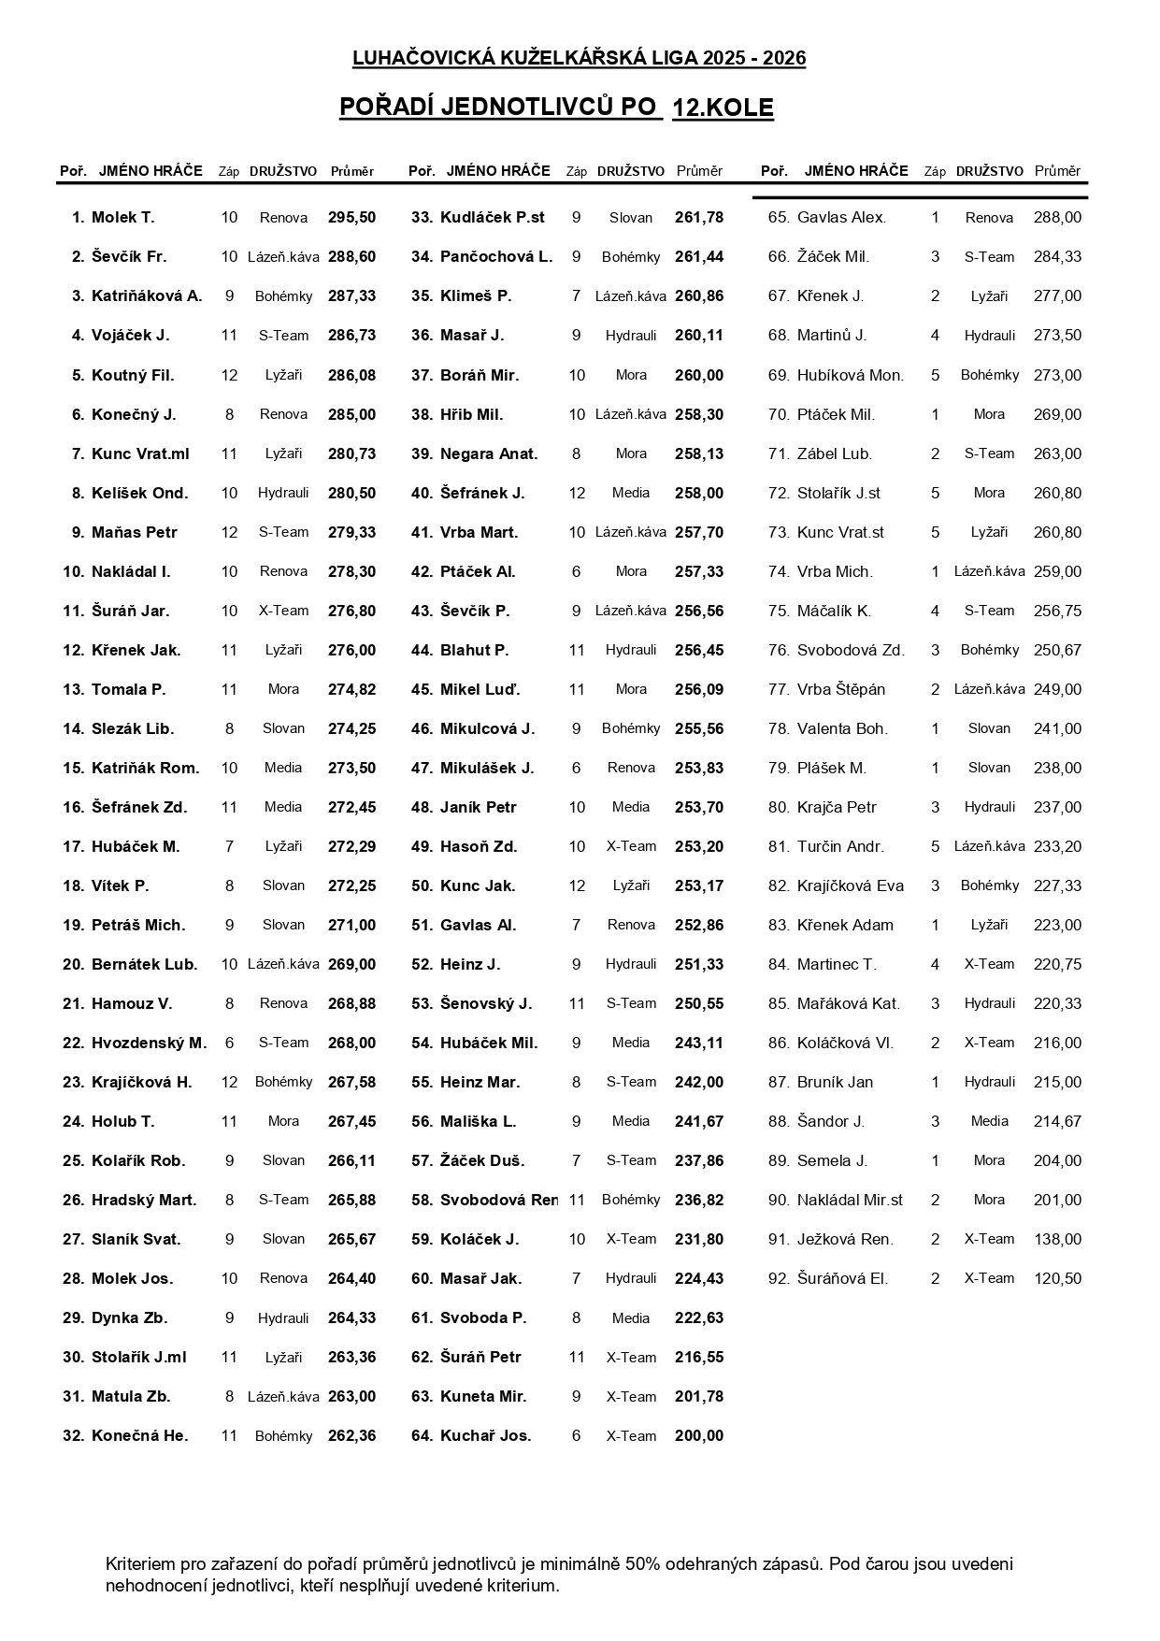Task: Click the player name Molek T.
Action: pyautogui.click(x=122, y=218)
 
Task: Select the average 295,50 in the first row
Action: pyautogui.click(x=351, y=218)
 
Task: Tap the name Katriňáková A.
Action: pyautogui.click(x=147, y=296)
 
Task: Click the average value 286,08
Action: pyautogui.click(x=351, y=375)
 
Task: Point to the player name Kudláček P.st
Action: pyautogui.click(x=492, y=218)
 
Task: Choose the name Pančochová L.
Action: pyautogui.click(x=496, y=257)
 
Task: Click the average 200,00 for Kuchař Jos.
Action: pyautogui.click(x=698, y=1435)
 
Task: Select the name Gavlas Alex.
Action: pyautogui.click(x=841, y=218)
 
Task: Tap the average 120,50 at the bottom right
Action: pyautogui.click(x=1057, y=1278)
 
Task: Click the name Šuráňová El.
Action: pyautogui.click(x=842, y=1278)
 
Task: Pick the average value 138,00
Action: pyautogui.click(x=1057, y=1239)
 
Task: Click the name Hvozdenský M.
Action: pyautogui.click(x=149, y=1043)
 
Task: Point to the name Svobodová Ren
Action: pyautogui.click(x=498, y=1200)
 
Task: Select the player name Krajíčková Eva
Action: pyautogui.click(x=851, y=885)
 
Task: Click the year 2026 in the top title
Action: pyautogui.click(x=784, y=59)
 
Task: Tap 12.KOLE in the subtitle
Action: pyautogui.click(x=723, y=108)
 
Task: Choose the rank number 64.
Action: pyautogui.click(x=422, y=1435)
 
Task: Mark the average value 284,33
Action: pyautogui.click(x=1057, y=257)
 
